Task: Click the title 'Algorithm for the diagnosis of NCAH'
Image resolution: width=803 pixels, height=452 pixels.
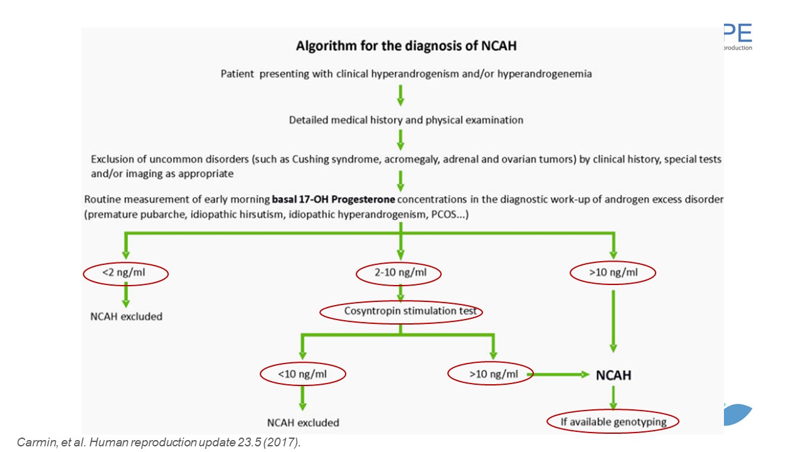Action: (x=406, y=46)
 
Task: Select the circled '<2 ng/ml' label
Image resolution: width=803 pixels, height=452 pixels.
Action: (x=125, y=273)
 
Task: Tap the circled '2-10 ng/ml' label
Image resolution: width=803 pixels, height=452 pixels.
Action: (x=399, y=273)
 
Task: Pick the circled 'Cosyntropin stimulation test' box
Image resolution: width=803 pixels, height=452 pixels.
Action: (x=401, y=311)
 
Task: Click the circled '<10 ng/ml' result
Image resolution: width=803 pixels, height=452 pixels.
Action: (x=302, y=374)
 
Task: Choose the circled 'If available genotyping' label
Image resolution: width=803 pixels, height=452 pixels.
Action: (x=613, y=422)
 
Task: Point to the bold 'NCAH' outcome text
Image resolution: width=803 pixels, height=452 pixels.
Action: (x=614, y=375)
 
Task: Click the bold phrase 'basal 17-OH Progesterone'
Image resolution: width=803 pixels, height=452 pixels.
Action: (x=333, y=200)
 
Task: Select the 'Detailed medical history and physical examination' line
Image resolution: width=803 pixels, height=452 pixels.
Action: (x=406, y=120)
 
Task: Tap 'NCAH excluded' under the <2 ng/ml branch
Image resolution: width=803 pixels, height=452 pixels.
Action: (x=126, y=316)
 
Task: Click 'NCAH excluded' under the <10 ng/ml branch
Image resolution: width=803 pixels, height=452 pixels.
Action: (x=303, y=422)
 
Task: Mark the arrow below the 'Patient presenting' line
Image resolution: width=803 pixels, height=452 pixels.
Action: (x=401, y=95)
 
